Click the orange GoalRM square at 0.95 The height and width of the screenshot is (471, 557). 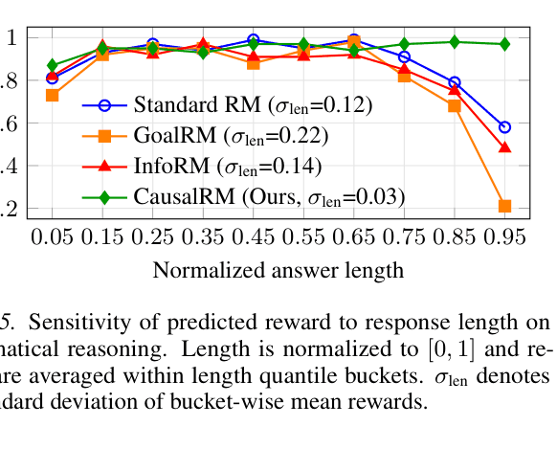tap(504, 206)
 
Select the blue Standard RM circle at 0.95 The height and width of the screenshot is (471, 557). tap(504, 126)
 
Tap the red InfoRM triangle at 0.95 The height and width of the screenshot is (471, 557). tap(504, 147)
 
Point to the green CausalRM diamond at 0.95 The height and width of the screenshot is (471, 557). tap(504, 44)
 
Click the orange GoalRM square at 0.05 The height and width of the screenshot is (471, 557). tap(52, 96)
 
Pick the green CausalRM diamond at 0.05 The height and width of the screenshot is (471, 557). tap(52, 65)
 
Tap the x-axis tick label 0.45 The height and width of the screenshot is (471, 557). tap(253, 235)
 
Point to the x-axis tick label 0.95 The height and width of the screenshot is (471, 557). tap(504, 235)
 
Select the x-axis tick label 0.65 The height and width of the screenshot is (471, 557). tap(353, 235)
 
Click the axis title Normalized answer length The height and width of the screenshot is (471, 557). tap(278, 270)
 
